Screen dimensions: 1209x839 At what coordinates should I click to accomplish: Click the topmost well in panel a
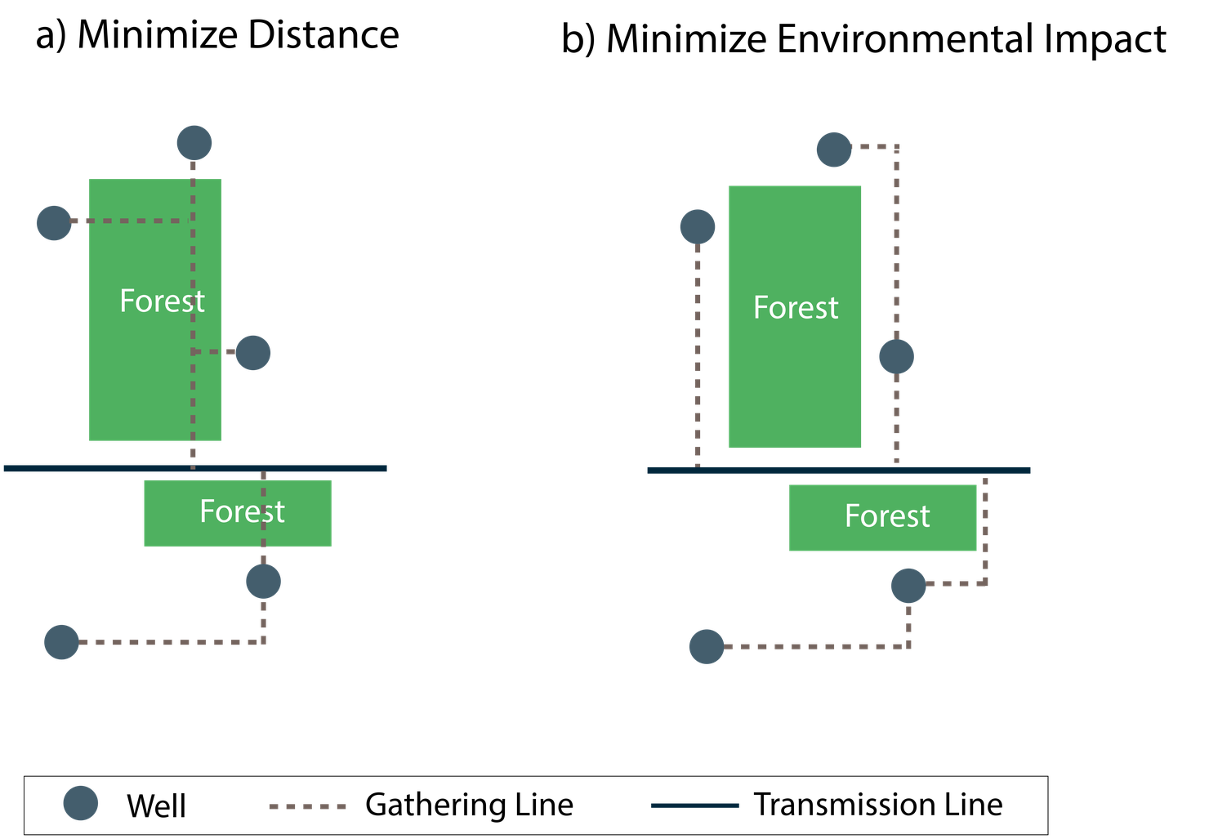pyautogui.click(x=194, y=143)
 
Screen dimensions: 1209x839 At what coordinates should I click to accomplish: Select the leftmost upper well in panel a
pyautogui.click(x=54, y=223)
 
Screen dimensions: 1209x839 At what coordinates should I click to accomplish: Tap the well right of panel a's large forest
pyautogui.click(x=253, y=353)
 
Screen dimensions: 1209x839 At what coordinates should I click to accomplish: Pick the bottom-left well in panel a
pyautogui.click(x=61, y=642)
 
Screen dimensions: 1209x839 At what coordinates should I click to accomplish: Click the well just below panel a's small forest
pyautogui.click(x=263, y=582)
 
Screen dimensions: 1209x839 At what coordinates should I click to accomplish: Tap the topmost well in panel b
pyautogui.click(x=834, y=150)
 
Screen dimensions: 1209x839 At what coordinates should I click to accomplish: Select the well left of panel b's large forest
pyautogui.click(x=698, y=227)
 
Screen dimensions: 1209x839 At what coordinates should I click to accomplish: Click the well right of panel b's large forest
pyautogui.click(x=896, y=356)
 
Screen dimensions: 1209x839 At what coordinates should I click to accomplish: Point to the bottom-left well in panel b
pyautogui.click(x=707, y=647)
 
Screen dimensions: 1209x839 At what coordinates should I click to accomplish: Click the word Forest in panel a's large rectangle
pyautogui.click(x=162, y=301)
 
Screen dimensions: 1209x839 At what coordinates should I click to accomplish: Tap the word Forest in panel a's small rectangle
pyautogui.click(x=243, y=511)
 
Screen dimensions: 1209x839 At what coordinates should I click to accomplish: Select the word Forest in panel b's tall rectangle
pyautogui.click(x=796, y=307)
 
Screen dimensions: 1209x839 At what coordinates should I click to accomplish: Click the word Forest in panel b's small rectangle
pyautogui.click(x=887, y=515)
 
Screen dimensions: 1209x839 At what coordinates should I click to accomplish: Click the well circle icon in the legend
pyautogui.click(x=80, y=803)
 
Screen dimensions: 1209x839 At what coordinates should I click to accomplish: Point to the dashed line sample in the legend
pyautogui.click(x=308, y=806)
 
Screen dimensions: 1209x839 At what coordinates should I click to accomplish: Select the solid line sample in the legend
pyautogui.click(x=694, y=806)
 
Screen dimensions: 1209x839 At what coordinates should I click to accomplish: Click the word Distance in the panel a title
pyautogui.click(x=323, y=35)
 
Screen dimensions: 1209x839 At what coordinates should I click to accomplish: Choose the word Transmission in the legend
pyautogui.click(x=844, y=805)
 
